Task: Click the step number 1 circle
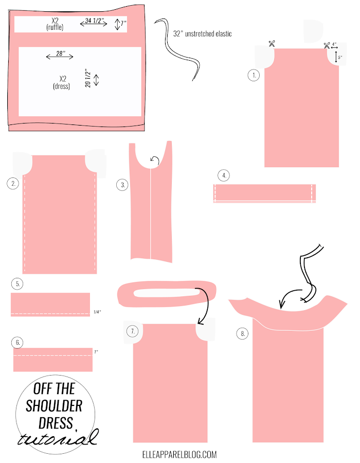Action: pyautogui.click(x=254, y=75)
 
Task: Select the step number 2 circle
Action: pyautogui.click(x=13, y=183)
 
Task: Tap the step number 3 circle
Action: pyautogui.click(x=122, y=185)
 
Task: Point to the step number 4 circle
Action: pyautogui.click(x=224, y=175)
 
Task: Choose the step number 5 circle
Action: pyautogui.click(x=17, y=284)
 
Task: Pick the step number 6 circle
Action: pyautogui.click(x=17, y=343)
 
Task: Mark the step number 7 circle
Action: pyautogui.click(x=133, y=331)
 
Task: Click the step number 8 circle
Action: pyautogui.click(x=243, y=334)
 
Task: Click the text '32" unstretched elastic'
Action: pyautogui.click(x=203, y=33)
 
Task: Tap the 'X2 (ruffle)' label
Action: pyautogui.click(x=55, y=24)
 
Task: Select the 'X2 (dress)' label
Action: pyautogui.click(x=62, y=82)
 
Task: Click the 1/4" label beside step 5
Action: pyautogui.click(x=97, y=312)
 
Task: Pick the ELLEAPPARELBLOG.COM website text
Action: pyautogui.click(x=179, y=454)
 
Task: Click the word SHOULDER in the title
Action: pyautogui.click(x=54, y=406)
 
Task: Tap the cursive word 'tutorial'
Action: pyautogui.click(x=58, y=437)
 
